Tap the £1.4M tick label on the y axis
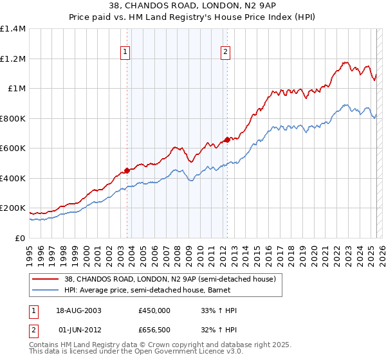click(13, 29)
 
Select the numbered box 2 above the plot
click(226, 53)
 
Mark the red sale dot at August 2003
click(127, 170)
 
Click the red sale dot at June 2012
click(227, 139)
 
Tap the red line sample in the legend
click(46, 279)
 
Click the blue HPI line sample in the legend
click(46, 290)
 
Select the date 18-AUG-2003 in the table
click(80, 310)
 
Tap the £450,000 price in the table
click(154, 310)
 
